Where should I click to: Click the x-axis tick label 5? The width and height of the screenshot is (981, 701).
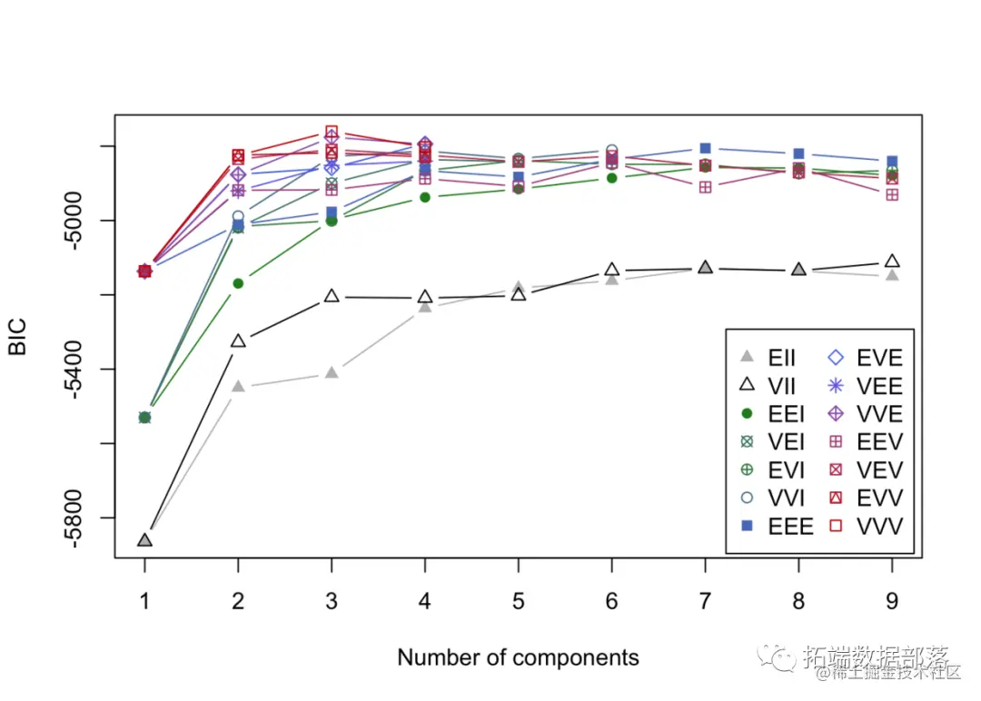(x=518, y=602)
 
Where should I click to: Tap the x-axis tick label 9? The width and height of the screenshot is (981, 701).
(x=892, y=602)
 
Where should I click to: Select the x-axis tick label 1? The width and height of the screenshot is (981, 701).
(x=144, y=602)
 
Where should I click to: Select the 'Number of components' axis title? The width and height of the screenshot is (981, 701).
(x=518, y=657)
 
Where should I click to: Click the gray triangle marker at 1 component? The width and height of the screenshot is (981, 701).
(x=144, y=540)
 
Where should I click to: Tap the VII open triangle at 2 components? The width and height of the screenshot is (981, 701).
(x=238, y=341)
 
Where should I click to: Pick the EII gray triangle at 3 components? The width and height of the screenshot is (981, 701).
(x=332, y=372)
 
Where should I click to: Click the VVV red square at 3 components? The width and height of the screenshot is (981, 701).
(x=332, y=132)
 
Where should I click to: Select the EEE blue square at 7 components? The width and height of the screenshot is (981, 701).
(x=705, y=148)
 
